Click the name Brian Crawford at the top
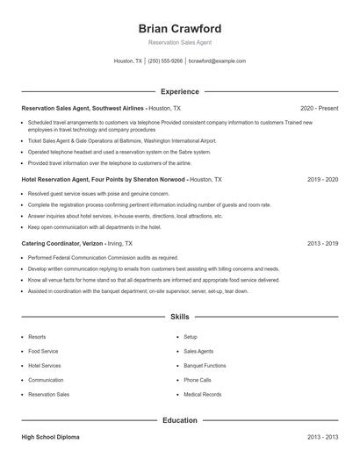tap(180, 28)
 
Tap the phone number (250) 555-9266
tap(165, 61)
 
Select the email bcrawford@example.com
tap(218, 61)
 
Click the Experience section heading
tap(180, 91)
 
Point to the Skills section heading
tap(180, 316)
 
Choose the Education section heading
tap(180, 420)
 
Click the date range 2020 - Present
tap(319, 108)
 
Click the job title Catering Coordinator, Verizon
tap(61, 243)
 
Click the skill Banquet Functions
tap(205, 365)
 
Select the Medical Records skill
tap(202, 395)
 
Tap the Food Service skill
tap(44, 351)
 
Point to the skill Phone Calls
tap(198, 380)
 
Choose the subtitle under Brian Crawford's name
tap(180, 42)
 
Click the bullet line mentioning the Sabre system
tap(119, 152)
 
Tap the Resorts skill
tap(37, 337)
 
